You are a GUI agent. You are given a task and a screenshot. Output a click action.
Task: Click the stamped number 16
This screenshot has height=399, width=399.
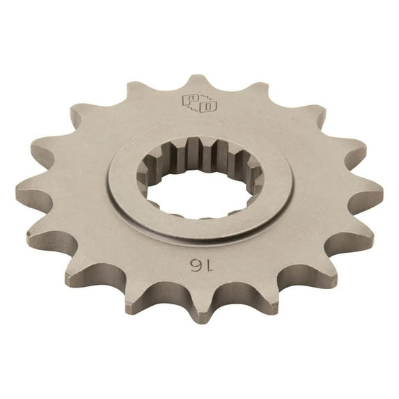click(195, 265)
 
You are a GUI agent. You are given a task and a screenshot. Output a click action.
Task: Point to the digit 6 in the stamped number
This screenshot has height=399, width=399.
click(189, 265)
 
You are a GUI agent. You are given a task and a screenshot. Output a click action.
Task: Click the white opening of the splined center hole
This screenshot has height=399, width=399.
click(202, 197)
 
